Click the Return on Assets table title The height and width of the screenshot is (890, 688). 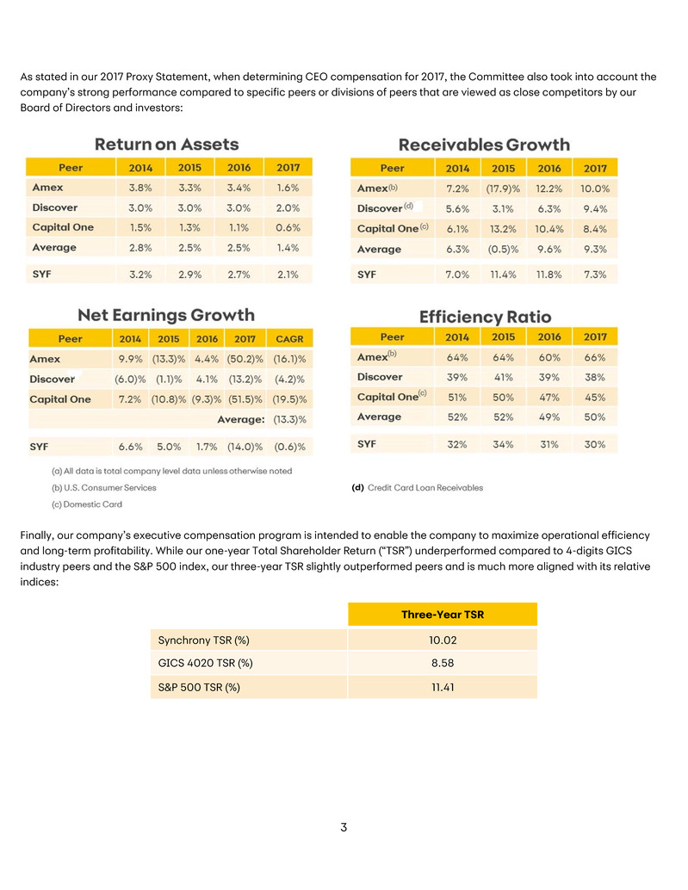(x=166, y=144)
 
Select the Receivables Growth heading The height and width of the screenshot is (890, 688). (x=484, y=144)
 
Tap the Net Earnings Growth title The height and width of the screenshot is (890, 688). (x=166, y=315)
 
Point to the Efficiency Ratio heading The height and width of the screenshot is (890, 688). (x=485, y=316)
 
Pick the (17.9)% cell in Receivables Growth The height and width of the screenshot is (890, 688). (x=504, y=188)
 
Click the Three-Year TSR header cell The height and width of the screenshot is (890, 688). (x=442, y=615)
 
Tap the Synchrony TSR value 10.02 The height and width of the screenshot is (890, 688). (x=442, y=640)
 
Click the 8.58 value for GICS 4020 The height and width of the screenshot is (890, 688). (x=442, y=664)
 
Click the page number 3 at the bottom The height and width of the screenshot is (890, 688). (x=344, y=828)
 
